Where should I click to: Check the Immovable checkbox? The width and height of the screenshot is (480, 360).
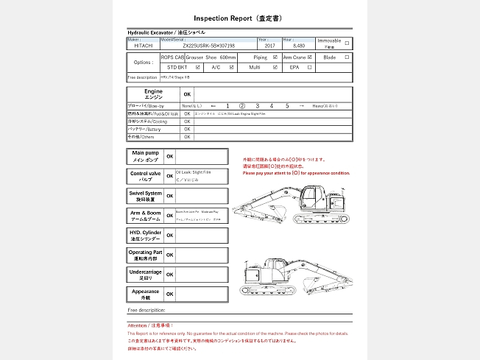(347, 43)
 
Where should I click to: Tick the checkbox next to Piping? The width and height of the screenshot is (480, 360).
(275, 57)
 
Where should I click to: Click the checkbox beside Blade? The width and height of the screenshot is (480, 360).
(347, 57)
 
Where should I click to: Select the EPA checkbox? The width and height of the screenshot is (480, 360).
(309, 67)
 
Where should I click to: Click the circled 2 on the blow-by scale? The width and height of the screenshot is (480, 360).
(242, 106)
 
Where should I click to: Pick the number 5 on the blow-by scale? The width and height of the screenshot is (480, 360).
(287, 106)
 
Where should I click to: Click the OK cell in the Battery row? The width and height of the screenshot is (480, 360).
(187, 129)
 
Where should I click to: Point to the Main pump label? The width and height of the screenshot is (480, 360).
(145, 156)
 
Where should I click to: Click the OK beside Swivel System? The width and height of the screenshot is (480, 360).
(170, 196)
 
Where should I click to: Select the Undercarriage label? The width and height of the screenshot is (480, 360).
(145, 275)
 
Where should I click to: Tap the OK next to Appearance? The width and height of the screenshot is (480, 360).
(170, 294)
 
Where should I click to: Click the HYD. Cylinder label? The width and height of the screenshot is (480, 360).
(145, 236)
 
